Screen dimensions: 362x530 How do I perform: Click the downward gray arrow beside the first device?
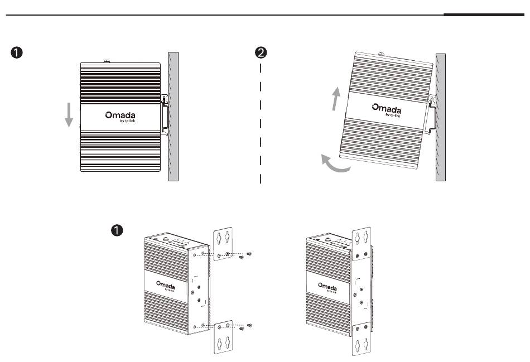tap(69, 114)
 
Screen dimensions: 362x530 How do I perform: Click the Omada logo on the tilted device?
tap(387, 109)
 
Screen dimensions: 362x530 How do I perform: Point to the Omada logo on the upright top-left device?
tap(120, 115)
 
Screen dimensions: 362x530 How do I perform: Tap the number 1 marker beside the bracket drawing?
tap(117, 230)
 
